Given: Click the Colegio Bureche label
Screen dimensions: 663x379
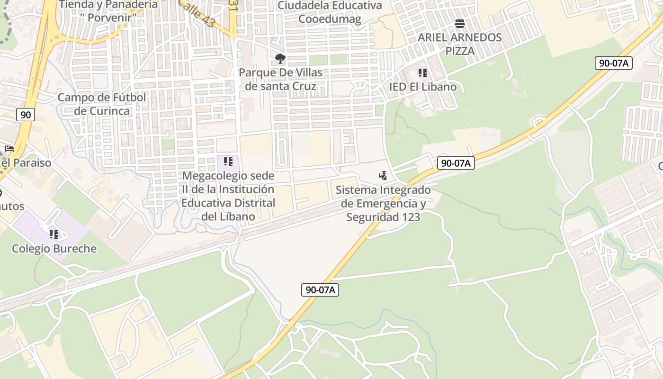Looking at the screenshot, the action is pos(54,249).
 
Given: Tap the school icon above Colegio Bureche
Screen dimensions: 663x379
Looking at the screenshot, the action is pos(54,234).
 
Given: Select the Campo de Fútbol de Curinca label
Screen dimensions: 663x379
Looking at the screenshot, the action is pos(102,104).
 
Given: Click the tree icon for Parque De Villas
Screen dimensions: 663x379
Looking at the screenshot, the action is pos(280,59).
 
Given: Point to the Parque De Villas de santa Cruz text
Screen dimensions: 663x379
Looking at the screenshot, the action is pos(280,80).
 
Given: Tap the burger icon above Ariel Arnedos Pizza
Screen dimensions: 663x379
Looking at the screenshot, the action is pos(459,23).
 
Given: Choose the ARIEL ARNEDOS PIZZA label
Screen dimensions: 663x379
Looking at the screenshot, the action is pos(459,44).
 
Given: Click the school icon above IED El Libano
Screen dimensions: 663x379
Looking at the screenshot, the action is pos(422,73).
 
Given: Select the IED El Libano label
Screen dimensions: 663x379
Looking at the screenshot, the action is pos(422,87).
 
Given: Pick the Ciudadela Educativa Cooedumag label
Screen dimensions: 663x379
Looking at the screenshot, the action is pos(330,12).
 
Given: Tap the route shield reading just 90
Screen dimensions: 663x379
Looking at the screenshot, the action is pos(26,114).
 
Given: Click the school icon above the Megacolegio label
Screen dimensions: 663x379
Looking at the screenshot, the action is pos(228,162).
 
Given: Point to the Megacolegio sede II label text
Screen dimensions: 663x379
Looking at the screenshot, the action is pos(228,196).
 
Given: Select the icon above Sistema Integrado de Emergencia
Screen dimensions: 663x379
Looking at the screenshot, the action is pos(383,176).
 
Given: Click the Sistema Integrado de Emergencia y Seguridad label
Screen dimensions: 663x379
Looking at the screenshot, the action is pos(383,204).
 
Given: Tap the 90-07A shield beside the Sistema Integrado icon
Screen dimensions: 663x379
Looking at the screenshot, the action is pos(455,163).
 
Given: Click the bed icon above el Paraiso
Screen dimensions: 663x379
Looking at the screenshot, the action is pos(9,148).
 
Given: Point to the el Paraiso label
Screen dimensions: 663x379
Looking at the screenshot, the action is pos(26,163).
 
